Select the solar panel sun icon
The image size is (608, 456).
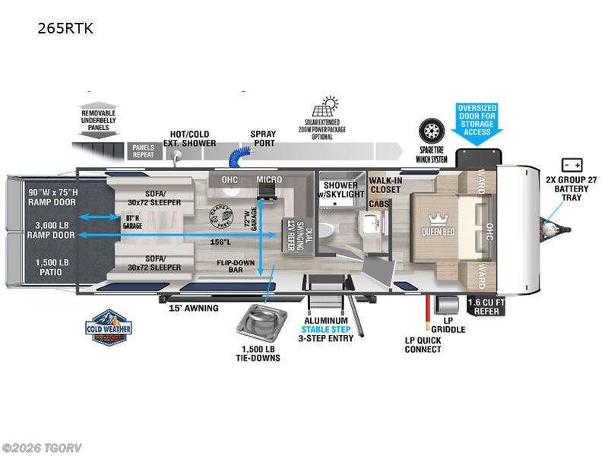tap(330, 106)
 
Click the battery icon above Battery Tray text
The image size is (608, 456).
tap(572, 165)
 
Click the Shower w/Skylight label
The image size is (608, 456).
tap(341, 190)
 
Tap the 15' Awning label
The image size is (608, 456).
tap(194, 308)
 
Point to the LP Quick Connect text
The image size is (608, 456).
tap(423, 344)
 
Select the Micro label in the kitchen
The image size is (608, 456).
tap(269, 179)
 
